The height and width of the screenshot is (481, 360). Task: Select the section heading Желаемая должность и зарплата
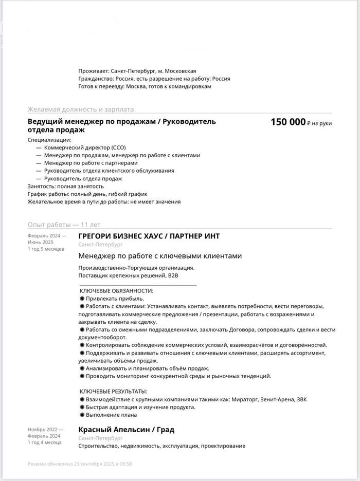pyautogui.click(x=80, y=109)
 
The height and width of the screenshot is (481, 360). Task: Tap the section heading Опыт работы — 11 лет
pyautogui.click(x=64, y=225)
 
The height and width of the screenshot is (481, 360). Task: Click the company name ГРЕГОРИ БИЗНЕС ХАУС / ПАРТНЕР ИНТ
pyautogui.click(x=149, y=236)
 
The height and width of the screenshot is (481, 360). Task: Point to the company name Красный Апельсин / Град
pyautogui.click(x=126, y=430)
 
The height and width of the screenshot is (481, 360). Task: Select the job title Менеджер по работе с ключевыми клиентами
pyautogui.click(x=160, y=256)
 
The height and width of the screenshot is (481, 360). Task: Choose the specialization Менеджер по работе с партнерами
pyautogui.click(x=91, y=163)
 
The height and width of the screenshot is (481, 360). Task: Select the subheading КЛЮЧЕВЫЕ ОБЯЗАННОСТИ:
pyautogui.click(x=116, y=291)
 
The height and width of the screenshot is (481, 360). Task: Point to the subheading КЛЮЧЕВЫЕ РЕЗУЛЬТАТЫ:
pyautogui.click(x=114, y=392)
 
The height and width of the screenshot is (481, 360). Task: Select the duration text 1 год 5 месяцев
pyautogui.click(x=46, y=249)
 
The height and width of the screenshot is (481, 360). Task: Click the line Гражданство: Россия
pyautogui.click(x=106, y=79)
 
